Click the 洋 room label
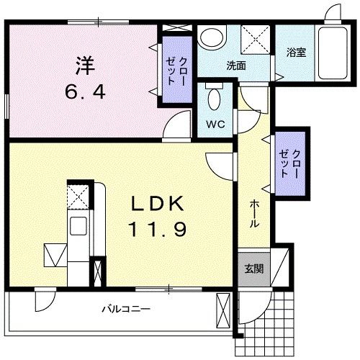tap(86, 66)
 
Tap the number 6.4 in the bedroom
tap(85, 92)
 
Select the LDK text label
tap(157, 204)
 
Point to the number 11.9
tap(157, 229)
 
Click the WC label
tap(215, 124)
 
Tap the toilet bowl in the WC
tap(215, 99)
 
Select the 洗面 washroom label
tap(236, 66)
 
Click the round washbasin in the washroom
tap(212, 37)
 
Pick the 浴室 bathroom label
tap(296, 53)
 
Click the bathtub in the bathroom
tap(333, 53)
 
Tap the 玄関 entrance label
tap(254, 269)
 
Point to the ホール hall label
tap(254, 214)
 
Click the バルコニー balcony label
tap(126, 309)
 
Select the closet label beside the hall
tap(290, 163)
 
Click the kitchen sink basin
tap(78, 226)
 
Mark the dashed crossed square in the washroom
tap(255, 39)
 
